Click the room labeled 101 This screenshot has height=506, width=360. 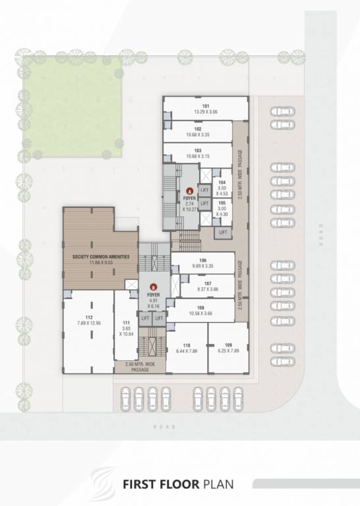(x=206, y=109)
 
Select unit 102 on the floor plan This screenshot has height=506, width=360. (x=198, y=132)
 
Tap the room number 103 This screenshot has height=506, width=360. (x=198, y=154)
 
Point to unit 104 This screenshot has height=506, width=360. (x=222, y=188)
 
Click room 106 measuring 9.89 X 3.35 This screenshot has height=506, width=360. (x=202, y=263)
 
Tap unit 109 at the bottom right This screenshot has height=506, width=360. (x=228, y=349)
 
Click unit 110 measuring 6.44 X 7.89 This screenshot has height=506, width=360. (x=187, y=349)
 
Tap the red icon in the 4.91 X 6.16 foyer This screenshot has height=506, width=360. (x=154, y=287)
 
